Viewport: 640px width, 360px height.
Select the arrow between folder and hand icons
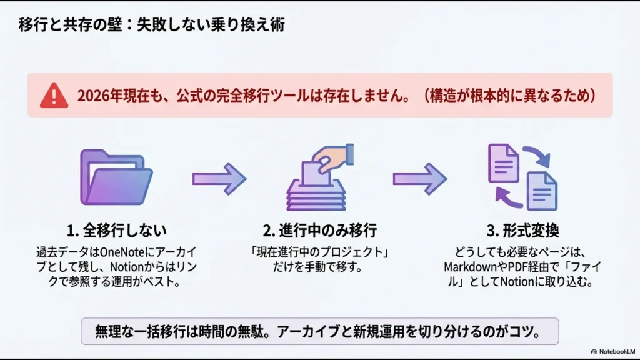(x=219, y=179)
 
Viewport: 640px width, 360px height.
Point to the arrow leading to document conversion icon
(x=419, y=179)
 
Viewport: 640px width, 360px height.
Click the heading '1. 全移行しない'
(x=116, y=231)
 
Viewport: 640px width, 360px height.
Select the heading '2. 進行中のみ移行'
(x=319, y=231)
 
